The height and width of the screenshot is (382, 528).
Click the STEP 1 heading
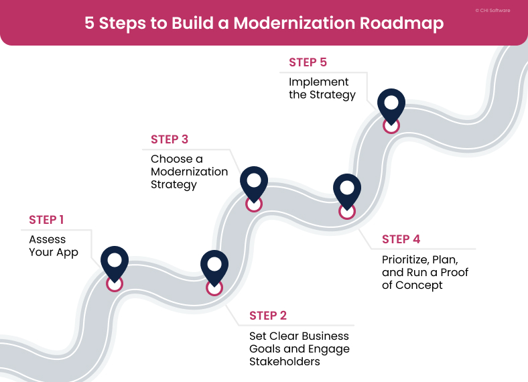tap(46, 220)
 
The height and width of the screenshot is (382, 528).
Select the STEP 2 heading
tap(268, 316)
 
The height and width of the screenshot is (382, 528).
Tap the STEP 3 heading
tap(169, 139)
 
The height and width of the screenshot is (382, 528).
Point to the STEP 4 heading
tap(401, 239)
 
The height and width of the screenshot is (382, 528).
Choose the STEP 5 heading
tap(308, 62)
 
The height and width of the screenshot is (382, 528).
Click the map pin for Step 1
tap(115, 262)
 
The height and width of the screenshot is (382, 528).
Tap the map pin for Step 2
tap(214, 266)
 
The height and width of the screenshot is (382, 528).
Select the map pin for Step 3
tap(253, 182)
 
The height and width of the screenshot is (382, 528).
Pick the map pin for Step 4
tap(346, 190)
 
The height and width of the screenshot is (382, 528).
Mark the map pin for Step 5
tap(391, 105)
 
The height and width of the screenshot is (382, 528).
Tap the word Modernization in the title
tap(290, 23)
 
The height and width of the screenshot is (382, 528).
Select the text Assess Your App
tap(53, 246)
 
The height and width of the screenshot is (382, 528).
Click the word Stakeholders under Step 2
tap(284, 362)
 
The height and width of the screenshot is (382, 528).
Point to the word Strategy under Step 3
tap(174, 185)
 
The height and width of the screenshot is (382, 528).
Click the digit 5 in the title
tap(90, 23)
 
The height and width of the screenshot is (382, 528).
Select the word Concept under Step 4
tap(420, 285)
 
